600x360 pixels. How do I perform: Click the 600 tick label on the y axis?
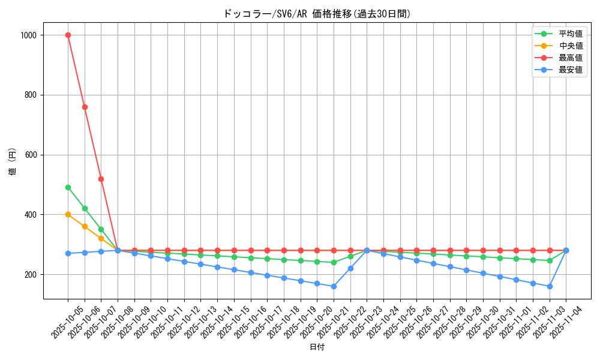click(x=31, y=155)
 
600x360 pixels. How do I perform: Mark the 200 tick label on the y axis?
click(x=31, y=275)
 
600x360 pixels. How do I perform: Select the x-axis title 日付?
click(x=317, y=347)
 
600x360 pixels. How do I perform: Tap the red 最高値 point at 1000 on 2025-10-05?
click(x=68, y=35)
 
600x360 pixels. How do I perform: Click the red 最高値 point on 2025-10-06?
click(x=85, y=107)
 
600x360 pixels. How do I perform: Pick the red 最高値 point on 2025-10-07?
click(x=101, y=179)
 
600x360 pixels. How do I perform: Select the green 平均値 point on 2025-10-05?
click(x=68, y=187)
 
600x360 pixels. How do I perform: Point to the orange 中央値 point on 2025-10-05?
click(x=68, y=214)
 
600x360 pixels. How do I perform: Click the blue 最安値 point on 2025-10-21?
click(x=334, y=286)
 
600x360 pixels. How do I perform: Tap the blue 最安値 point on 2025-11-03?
click(x=549, y=286)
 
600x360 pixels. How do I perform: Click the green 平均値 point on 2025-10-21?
click(x=334, y=262)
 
